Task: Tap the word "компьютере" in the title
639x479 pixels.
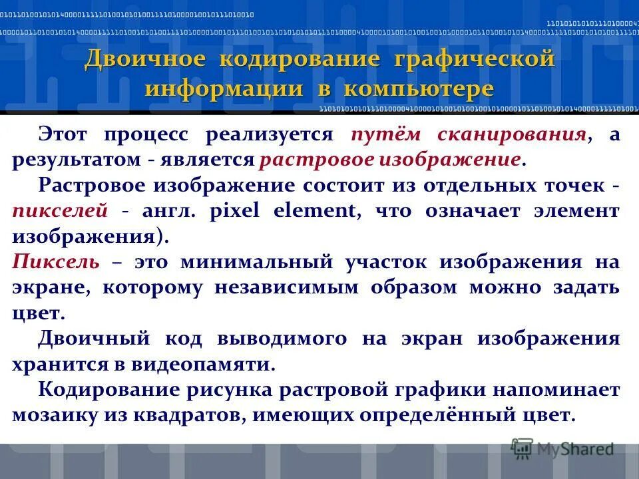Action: pos(428,88)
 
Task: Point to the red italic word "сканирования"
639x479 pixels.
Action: pos(512,134)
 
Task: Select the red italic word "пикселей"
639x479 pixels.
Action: pos(60,211)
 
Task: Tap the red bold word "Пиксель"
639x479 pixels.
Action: pos(56,262)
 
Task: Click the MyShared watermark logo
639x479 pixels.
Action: pos(563,449)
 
